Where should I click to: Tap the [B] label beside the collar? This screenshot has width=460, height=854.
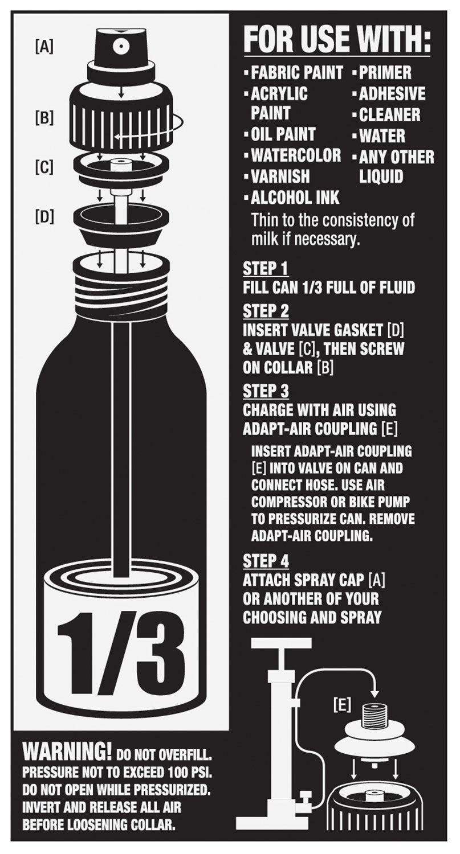(x=44, y=118)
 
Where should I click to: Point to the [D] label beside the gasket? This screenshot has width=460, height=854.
(x=44, y=217)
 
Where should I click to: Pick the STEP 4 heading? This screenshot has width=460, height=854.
(x=266, y=561)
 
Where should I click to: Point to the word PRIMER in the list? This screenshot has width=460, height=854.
(x=385, y=72)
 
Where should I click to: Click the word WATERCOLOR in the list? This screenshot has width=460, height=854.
(x=296, y=155)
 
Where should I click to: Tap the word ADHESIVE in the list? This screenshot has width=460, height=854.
(x=392, y=94)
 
